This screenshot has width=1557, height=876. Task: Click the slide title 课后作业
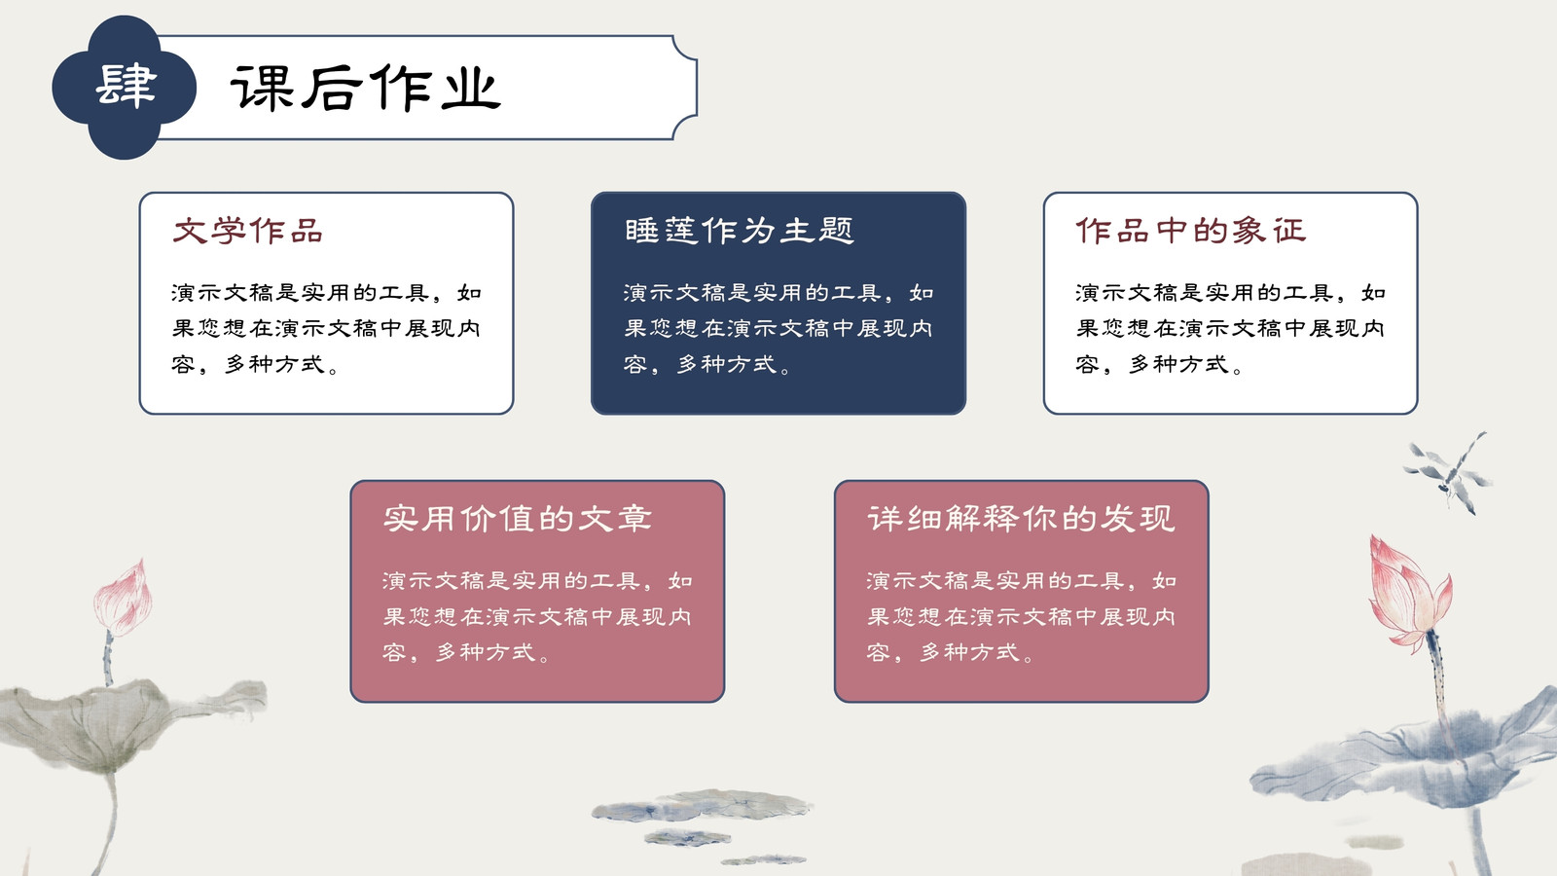[x=366, y=89]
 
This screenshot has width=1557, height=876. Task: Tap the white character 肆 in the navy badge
[x=126, y=87]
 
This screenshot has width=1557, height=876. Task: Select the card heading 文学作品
[x=247, y=231]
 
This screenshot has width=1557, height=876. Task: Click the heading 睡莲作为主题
[x=739, y=231]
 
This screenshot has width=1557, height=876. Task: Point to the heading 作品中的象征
[x=1191, y=231]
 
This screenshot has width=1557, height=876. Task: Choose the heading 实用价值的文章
[x=517, y=519]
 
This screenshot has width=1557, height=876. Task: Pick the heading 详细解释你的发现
[x=1021, y=519]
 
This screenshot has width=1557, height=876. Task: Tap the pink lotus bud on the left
[x=124, y=598]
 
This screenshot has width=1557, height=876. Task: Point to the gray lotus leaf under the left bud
[x=126, y=723]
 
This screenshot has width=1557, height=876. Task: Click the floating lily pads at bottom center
[x=702, y=823]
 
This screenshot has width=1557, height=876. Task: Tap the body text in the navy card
[x=778, y=328]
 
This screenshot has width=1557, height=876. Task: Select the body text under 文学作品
[x=327, y=328]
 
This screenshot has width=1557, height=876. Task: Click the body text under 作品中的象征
[x=1230, y=328]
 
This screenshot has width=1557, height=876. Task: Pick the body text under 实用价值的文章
[x=537, y=617]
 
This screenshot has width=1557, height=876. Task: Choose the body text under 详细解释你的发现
[x=1021, y=617]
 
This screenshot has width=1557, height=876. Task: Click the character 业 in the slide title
[x=471, y=89]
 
